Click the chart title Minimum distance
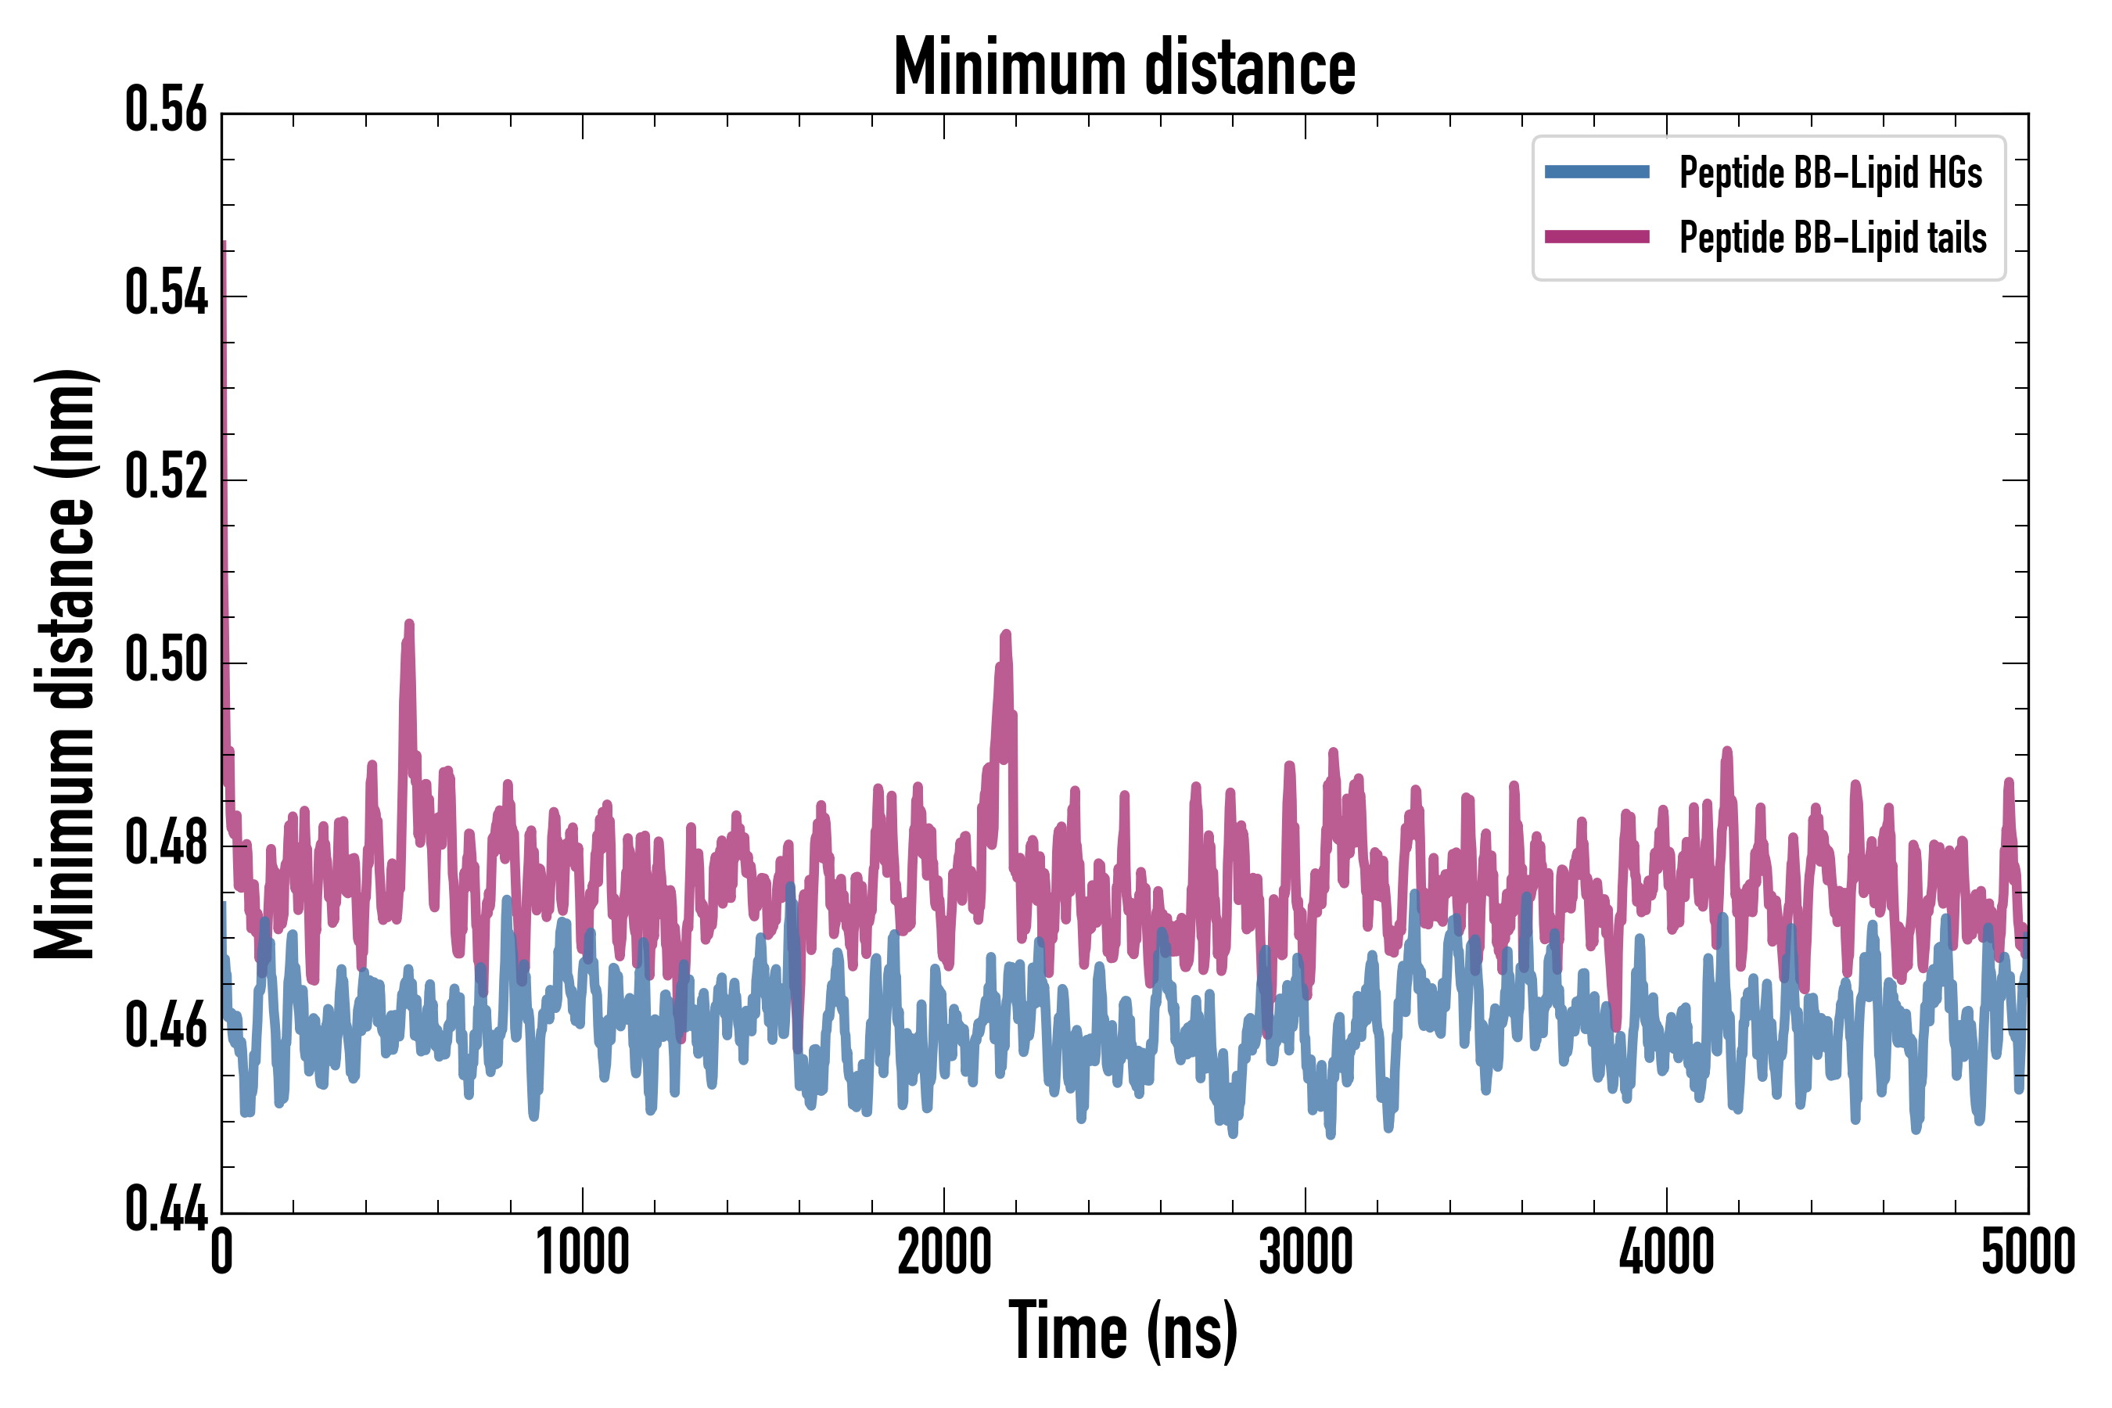1124,66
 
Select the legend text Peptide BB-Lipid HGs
1830,172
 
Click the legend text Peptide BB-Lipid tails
1833,238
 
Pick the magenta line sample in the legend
1597,237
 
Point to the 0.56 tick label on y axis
166,110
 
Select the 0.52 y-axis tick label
166,477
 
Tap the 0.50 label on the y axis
166,660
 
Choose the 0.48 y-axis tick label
166,843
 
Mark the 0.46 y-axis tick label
166,1026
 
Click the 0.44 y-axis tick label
166,1209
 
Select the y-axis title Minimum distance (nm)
65,664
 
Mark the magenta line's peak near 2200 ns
1006,636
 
